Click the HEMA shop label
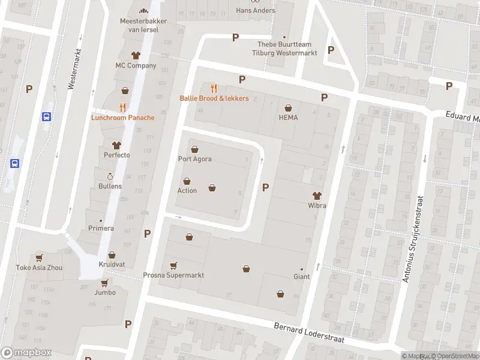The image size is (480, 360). click(288, 118)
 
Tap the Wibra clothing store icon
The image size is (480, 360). click(317, 196)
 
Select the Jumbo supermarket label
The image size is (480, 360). click(104, 293)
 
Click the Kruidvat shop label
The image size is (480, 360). click(112, 265)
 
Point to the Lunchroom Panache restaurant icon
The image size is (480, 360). click(122, 107)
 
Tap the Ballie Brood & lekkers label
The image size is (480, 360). click(214, 98)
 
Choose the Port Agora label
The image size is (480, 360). click(194, 159)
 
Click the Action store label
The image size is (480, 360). click(187, 191)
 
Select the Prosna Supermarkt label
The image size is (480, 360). click(173, 275)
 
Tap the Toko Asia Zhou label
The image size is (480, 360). click(39, 268)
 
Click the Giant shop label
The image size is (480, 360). click(301, 277)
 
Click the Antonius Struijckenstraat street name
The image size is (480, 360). click(413, 239)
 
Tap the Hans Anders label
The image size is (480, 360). click(256, 11)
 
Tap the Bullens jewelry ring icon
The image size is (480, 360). click(110, 176)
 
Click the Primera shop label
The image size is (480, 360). click(100, 228)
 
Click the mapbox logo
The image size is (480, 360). click(26, 353)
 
